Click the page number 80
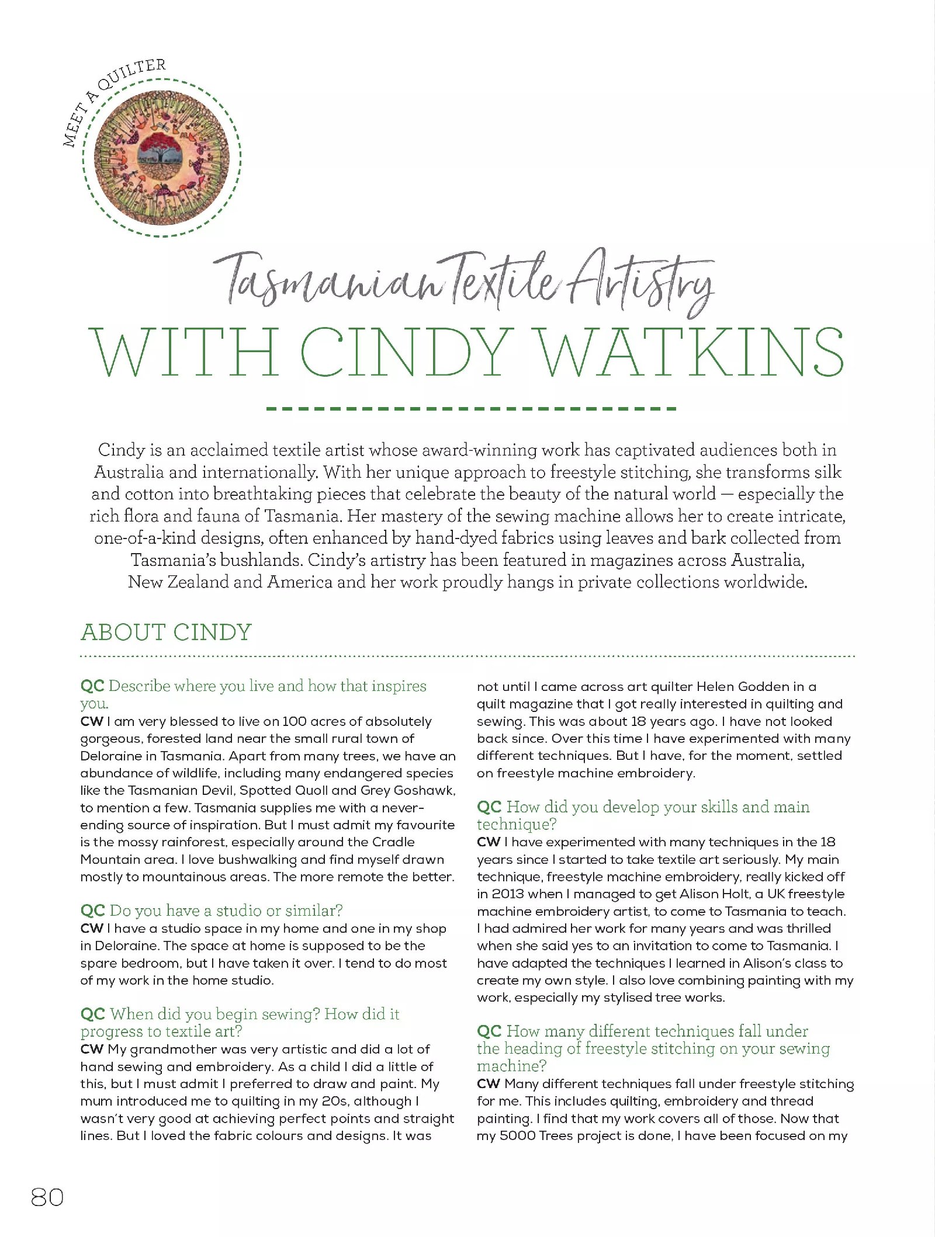point(47,1197)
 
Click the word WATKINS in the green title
point(690,353)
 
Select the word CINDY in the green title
point(407,353)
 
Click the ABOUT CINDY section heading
point(166,633)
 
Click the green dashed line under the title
point(471,409)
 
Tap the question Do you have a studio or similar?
point(226,911)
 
